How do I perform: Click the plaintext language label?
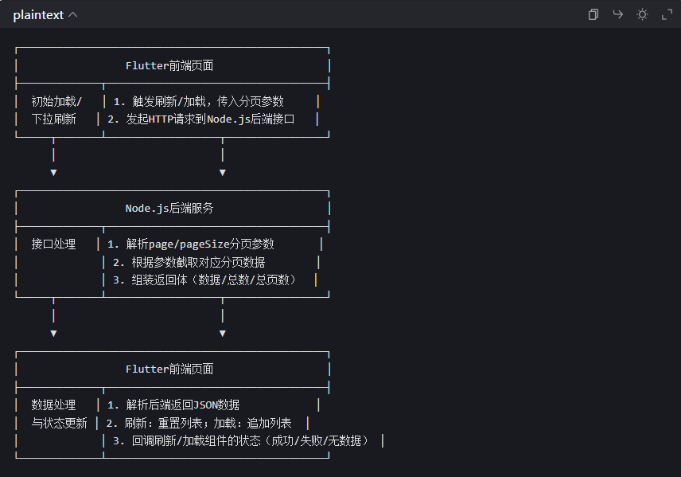38,15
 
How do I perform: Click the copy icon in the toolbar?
593,14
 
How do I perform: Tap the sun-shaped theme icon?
642,14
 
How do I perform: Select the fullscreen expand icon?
667,14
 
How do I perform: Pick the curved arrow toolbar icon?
617,14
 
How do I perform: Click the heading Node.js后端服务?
169,209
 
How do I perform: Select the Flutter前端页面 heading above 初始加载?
169,66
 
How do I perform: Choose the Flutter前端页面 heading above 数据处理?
169,369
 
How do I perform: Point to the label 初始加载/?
56,102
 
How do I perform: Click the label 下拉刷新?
53,119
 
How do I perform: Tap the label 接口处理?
53,244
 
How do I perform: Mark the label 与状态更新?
60,424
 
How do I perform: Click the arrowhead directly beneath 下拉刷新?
53,172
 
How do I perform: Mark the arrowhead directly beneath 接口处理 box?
53,333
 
